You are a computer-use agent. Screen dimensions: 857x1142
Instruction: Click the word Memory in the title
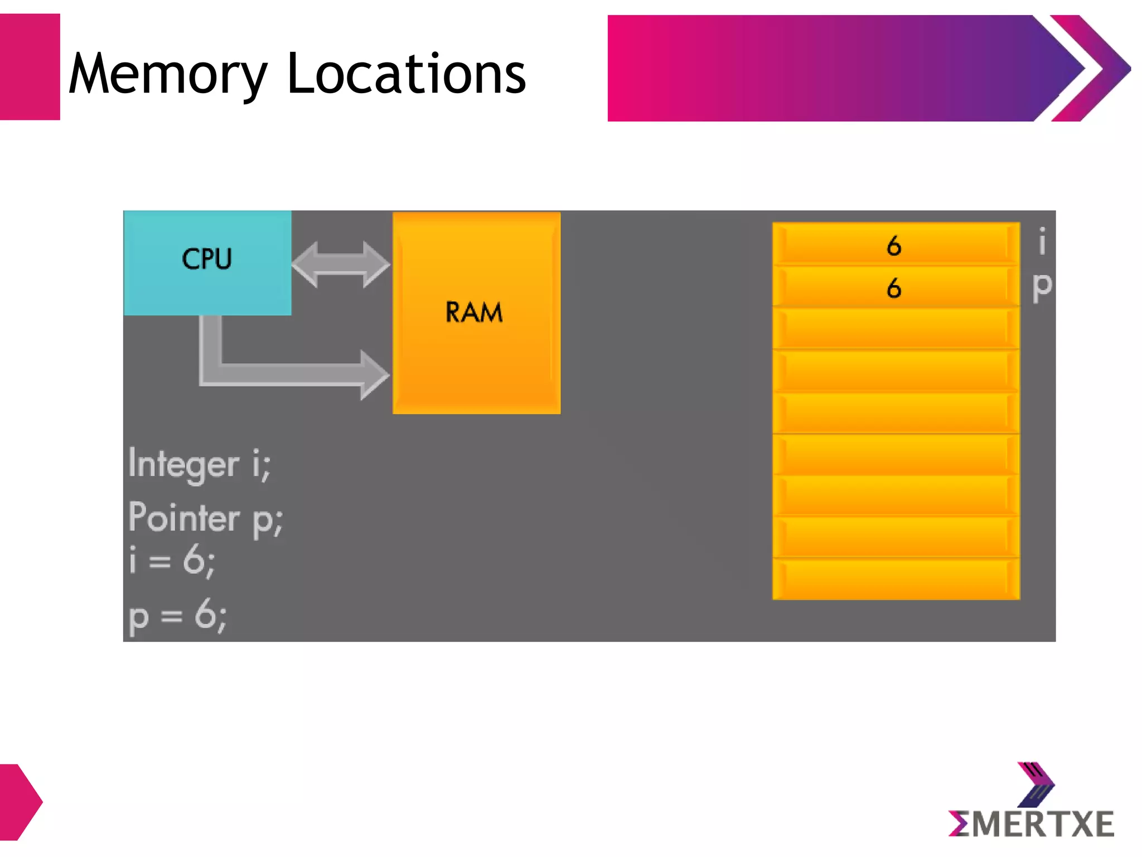(x=167, y=74)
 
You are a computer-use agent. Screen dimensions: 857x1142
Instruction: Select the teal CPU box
(x=207, y=262)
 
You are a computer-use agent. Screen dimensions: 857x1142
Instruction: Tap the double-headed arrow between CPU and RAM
(x=341, y=264)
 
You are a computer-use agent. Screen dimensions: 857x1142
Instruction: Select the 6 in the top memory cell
(x=893, y=245)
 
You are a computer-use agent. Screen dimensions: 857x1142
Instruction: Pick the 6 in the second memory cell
(x=893, y=288)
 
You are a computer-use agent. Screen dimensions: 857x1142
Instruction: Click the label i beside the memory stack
(x=1041, y=242)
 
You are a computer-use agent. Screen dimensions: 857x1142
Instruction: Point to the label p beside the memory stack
(x=1041, y=286)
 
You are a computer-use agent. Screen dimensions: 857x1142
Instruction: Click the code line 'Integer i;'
(x=199, y=464)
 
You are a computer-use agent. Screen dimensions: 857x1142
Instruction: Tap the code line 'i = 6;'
(x=171, y=560)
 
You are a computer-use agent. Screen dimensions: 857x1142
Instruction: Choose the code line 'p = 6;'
(x=177, y=616)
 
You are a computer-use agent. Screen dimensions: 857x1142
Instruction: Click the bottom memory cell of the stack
(x=896, y=579)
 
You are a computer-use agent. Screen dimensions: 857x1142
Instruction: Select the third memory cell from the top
(x=896, y=329)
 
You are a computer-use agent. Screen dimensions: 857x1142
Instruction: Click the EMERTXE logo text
(x=1032, y=825)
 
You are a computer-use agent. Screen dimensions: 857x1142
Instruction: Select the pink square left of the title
(x=29, y=67)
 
